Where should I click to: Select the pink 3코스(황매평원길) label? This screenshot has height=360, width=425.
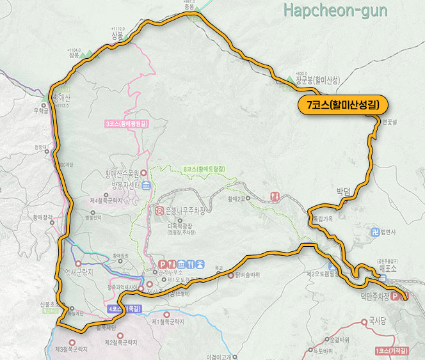point(125,123)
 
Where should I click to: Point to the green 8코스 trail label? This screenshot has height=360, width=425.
point(204,168)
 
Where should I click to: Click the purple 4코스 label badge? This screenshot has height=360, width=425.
point(124,309)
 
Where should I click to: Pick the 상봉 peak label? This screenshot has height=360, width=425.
point(116,36)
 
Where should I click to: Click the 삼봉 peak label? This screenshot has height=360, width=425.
point(75,56)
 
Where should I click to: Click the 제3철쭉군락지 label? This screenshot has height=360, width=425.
point(70,350)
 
